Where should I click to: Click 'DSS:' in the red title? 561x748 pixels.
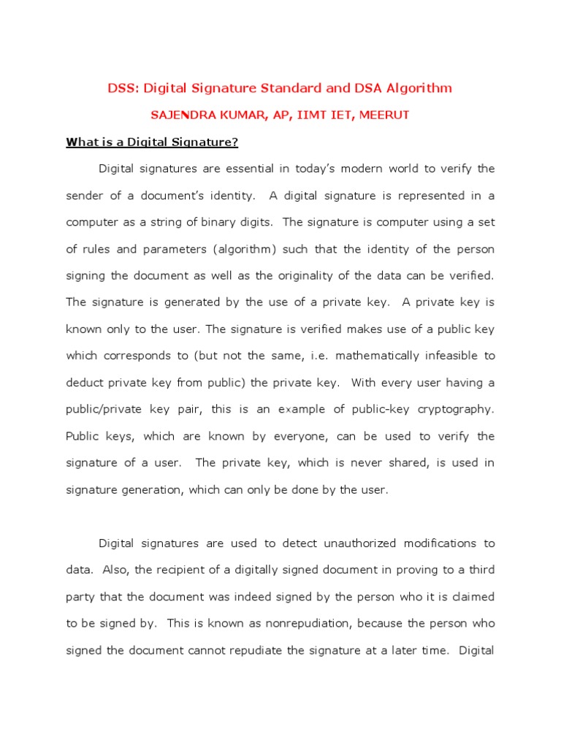(x=123, y=88)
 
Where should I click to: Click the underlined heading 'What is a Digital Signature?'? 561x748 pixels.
(x=152, y=142)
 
